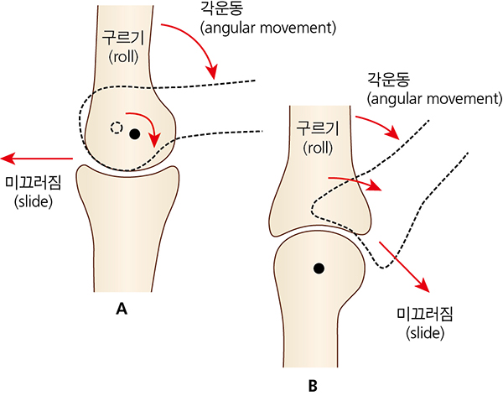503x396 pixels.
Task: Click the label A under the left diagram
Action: (122, 309)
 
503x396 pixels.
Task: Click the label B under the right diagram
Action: (313, 386)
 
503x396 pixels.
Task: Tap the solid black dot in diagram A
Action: (135, 133)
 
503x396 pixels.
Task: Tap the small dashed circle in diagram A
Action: (117, 128)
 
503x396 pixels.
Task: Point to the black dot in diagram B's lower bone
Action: (318, 268)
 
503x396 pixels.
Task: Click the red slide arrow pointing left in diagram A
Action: (38, 158)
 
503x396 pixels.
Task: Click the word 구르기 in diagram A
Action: (122, 38)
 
